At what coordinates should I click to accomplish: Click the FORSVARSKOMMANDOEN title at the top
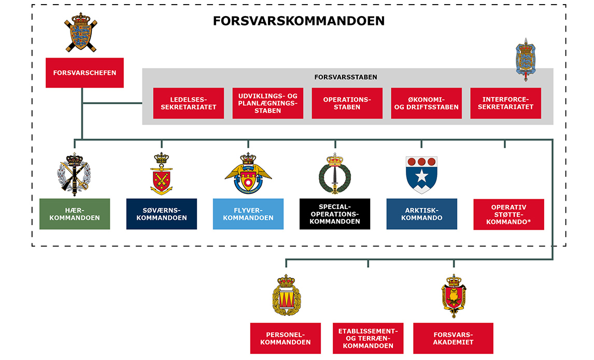(x=299, y=21)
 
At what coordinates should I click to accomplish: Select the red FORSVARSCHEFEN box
(x=84, y=73)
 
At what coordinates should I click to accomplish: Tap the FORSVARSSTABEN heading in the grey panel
(x=345, y=77)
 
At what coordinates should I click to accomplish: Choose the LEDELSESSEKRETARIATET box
(x=189, y=103)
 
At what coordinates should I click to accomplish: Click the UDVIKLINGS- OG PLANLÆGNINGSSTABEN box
(x=268, y=103)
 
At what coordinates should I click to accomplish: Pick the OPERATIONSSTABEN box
(x=347, y=103)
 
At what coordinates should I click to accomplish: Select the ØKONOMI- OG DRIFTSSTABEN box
(x=426, y=103)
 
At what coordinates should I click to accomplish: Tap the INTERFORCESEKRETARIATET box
(x=505, y=103)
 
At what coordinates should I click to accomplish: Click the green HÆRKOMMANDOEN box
(x=75, y=214)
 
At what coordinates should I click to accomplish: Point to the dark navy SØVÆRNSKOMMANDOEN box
(x=162, y=214)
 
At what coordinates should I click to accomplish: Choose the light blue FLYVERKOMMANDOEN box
(x=248, y=214)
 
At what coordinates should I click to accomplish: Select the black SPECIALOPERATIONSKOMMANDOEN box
(x=335, y=214)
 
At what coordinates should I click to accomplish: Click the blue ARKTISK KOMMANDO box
(x=421, y=214)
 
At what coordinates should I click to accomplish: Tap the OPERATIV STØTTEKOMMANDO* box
(x=508, y=214)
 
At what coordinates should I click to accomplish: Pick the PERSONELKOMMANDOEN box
(x=285, y=338)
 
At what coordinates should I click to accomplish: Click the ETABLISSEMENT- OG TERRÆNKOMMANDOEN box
(x=368, y=338)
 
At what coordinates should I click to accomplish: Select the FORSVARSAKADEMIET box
(x=453, y=338)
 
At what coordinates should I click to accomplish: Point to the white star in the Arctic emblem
(x=421, y=176)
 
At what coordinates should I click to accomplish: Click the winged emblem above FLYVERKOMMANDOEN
(x=248, y=174)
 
